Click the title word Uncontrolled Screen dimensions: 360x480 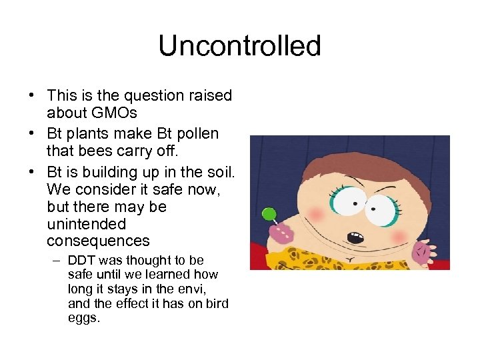(x=240, y=46)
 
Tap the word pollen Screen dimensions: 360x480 (x=195, y=133)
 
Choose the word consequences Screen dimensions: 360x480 (x=98, y=240)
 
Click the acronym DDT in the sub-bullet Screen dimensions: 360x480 (x=82, y=260)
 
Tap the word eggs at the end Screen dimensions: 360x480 (x=84, y=319)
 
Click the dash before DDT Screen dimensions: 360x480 (x=59, y=260)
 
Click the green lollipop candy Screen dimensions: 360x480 (x=269, y=214)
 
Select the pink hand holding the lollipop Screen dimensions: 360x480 (x=281, y=233)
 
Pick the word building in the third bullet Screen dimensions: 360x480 (x=109, y=171)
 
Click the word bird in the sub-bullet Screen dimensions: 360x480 (x=215, y=304)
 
